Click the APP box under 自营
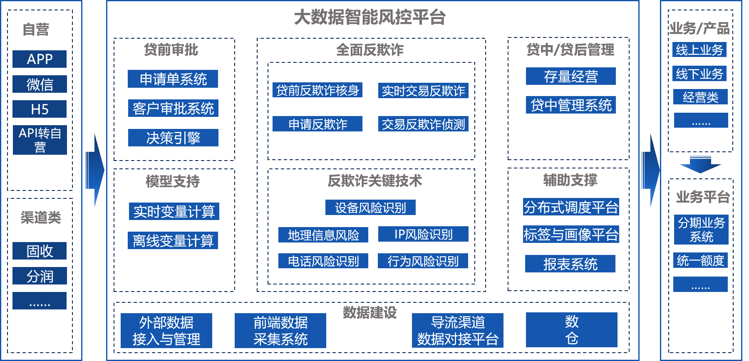click(40, 59)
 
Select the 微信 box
click(40, 84)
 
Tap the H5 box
click(40, 109)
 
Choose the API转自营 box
click(40, 140)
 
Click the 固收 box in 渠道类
click(40, 251)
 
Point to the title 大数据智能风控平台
click(370, 17)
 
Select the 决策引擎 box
click(173, 138)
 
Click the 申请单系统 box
click(173, 79)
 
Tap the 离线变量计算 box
click(173, 241)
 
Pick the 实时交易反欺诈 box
click(423, 91)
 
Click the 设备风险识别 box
click(370, 208)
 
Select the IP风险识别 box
click(423, 234)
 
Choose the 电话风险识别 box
click(323, 261)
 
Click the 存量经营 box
click(570, 77)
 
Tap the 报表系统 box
click(570, 264)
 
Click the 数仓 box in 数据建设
click(571, 330)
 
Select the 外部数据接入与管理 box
click(166, 331)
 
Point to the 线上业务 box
click(699, 50)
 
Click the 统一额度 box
click(700, 260)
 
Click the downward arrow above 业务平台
click(700, 164)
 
